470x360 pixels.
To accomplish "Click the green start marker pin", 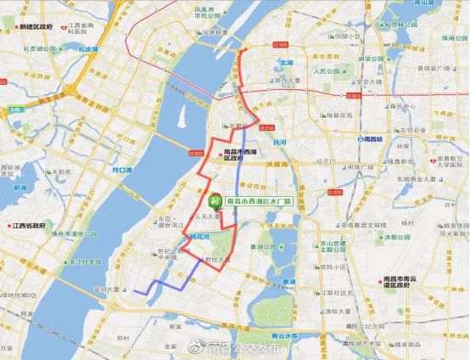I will pyautogui.click(x=216, y=201).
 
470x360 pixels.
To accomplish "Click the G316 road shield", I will pyautogui.click(x=269, y=128).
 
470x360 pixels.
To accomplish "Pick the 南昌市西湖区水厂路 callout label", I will pyautogui.click(x=260, y=201).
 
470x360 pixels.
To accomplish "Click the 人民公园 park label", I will pyautogui.click(x=326, y=71).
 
